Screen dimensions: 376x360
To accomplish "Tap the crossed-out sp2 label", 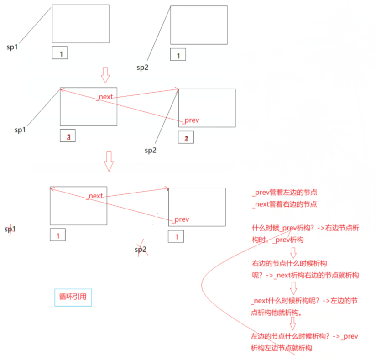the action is (x=141, y=250).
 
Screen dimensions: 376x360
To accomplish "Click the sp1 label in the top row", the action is (x=12, y=47).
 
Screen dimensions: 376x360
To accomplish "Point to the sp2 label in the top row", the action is (x=142, y=67).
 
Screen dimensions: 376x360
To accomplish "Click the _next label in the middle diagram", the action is (x=105, y=97).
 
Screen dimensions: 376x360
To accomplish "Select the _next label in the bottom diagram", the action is (x=95, y=196).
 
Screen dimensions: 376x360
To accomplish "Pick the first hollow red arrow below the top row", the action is (x=105, y=75).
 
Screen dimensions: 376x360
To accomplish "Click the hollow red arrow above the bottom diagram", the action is (x=109, y=162).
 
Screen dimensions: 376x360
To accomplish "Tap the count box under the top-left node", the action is (x=60, y=53).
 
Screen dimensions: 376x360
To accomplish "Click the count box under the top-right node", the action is (x=178, y=55).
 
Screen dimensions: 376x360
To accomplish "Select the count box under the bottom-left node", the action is (x=57, y=235).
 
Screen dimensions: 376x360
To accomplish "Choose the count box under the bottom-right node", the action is (x=176, y=237).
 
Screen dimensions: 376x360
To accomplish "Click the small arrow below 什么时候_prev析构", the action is (x=293, y=252).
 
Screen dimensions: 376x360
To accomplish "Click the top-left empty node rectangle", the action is (x=80, y=24).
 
